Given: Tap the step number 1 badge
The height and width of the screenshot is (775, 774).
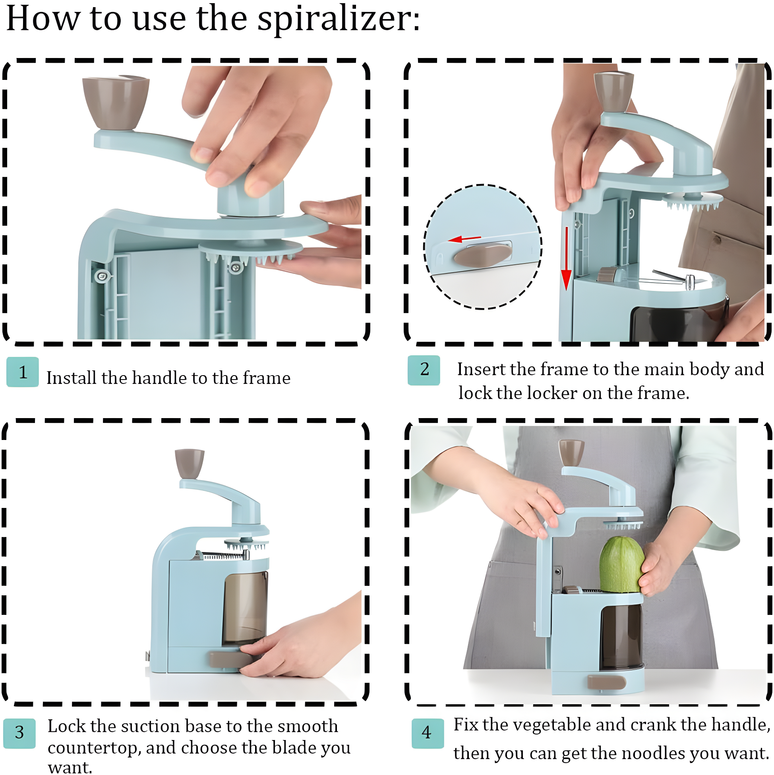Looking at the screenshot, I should click(x=23, y=372).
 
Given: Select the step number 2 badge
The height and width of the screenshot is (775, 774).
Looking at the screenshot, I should click(x=424, y=370).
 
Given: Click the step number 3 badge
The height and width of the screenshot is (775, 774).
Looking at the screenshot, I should click(x=19, y=733).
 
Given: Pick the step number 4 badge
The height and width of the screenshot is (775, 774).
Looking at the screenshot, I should click(x=427, y=733).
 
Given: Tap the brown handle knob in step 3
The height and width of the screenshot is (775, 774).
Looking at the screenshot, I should click(x=189, y=464).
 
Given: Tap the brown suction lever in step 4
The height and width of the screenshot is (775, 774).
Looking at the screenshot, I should click(x=606, y=682).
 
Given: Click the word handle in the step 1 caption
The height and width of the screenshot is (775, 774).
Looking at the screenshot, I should click(x=159, y=378).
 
